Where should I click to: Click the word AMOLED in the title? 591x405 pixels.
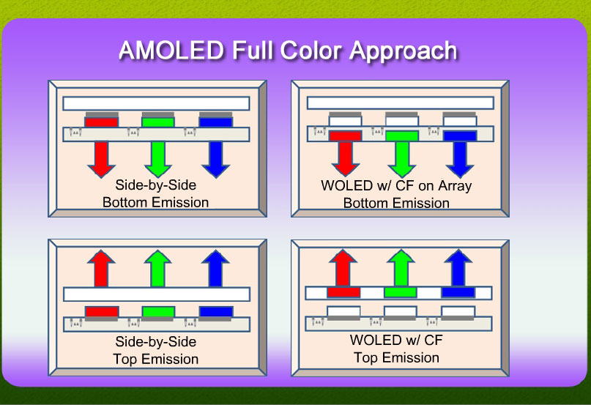[171, 50]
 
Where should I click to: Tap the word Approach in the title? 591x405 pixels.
[404, 52]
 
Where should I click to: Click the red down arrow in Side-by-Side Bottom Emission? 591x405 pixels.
[101, 159]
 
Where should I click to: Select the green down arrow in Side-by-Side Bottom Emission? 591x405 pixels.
[158, 159]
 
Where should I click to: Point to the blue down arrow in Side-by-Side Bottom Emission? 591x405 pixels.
[215, 159]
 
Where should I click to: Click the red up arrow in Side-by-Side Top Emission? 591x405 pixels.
[101, 268]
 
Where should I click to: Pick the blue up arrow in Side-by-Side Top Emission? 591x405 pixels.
[215, 268]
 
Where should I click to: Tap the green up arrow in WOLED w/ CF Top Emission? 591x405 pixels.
[401, 267]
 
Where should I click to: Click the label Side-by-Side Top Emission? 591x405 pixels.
[156, 350]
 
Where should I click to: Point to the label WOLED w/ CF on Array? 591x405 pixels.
[396, 186]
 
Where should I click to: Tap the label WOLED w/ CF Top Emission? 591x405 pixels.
[396, 349]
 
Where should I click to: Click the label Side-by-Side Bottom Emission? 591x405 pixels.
[156, 193]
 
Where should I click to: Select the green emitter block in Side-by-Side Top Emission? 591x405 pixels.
[158, 312]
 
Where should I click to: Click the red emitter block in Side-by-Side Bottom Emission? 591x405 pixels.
[101, 122]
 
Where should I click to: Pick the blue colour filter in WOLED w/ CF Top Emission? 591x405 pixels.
[458, 292]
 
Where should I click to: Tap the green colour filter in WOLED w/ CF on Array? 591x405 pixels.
[402, 135]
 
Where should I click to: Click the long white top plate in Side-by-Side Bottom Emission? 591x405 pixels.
[157, 103]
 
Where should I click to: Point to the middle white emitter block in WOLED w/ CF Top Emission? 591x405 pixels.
[401, 311]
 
